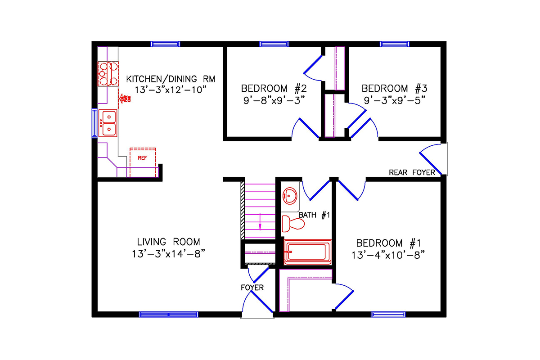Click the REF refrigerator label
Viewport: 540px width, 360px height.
(x=142, y=158)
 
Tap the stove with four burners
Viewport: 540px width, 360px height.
(x=108, y=74)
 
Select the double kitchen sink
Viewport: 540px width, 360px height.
(x=108, y=123)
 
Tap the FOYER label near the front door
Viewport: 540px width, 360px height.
(x=252, y=287)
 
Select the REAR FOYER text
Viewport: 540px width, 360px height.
(x=412, y=172)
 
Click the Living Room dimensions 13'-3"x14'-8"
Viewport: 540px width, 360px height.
(x=169, y=254)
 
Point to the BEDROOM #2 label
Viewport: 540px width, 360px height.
(x=274, y=88)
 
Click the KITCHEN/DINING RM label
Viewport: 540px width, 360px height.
(x=171, y=79)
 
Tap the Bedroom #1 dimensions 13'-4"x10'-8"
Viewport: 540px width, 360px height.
(x=388, y=255)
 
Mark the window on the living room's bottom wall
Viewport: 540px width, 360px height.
(x=168, y=315)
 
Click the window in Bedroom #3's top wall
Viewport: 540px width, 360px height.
(x=394, y=44)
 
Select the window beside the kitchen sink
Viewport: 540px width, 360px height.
(x=94, y=123)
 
